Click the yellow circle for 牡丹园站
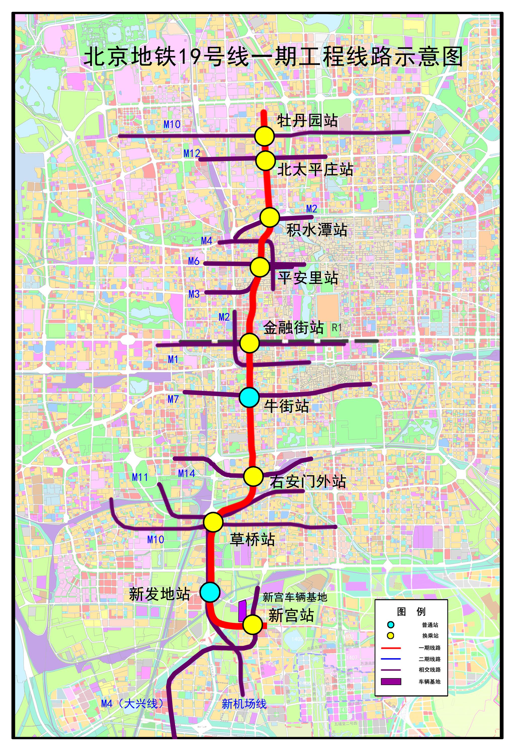point(264,136)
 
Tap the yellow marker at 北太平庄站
point(266,161)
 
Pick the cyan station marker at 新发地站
point(210,592)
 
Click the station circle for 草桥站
point(213,522)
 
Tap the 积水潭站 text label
point(317,230)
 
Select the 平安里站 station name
point(308,278)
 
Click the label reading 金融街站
point(293,327)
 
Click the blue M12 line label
point(192,153)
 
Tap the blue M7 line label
point(173,399)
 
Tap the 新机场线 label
point(244,704)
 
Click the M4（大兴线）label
point(133,703)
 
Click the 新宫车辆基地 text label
point(295,597)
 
